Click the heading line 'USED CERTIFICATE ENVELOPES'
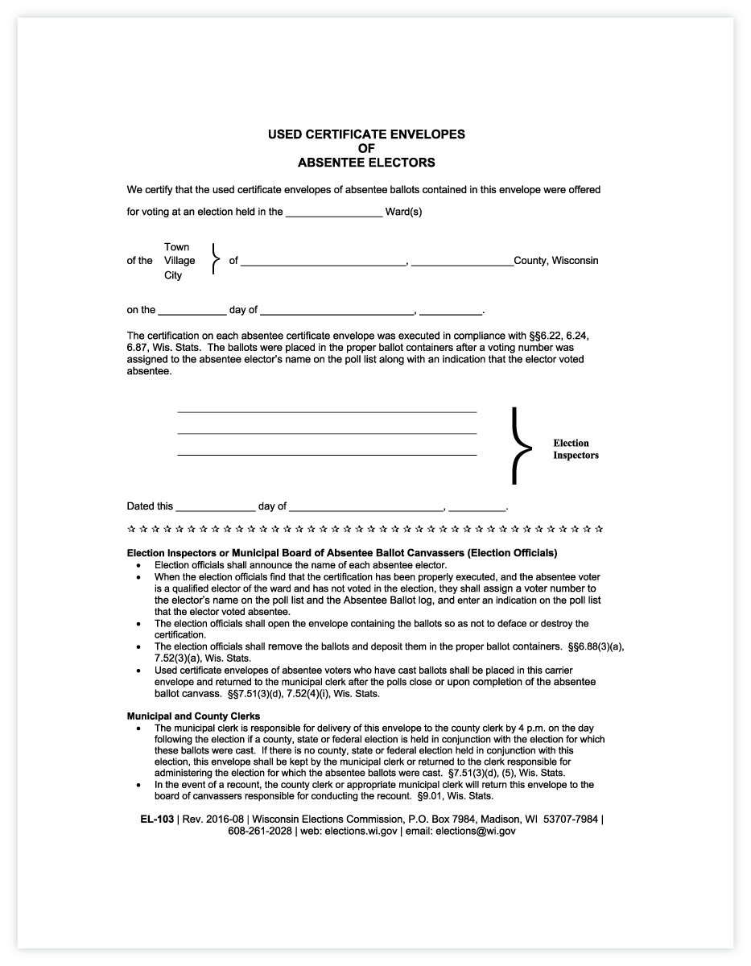[x=366, y=134]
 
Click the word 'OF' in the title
[x=366, y=148]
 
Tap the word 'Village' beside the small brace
[x=179, y=261]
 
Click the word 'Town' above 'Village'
[x=177, y=246]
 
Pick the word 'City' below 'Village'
[x=173, y=275]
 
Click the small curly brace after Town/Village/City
[x=214, y=260]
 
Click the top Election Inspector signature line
[x=327, y=411]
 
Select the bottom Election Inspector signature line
[x=327, y=455]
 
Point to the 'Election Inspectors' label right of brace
[x=576, y=449]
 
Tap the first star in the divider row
[x=132, y=530]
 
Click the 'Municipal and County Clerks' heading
[x=193, y=716]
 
